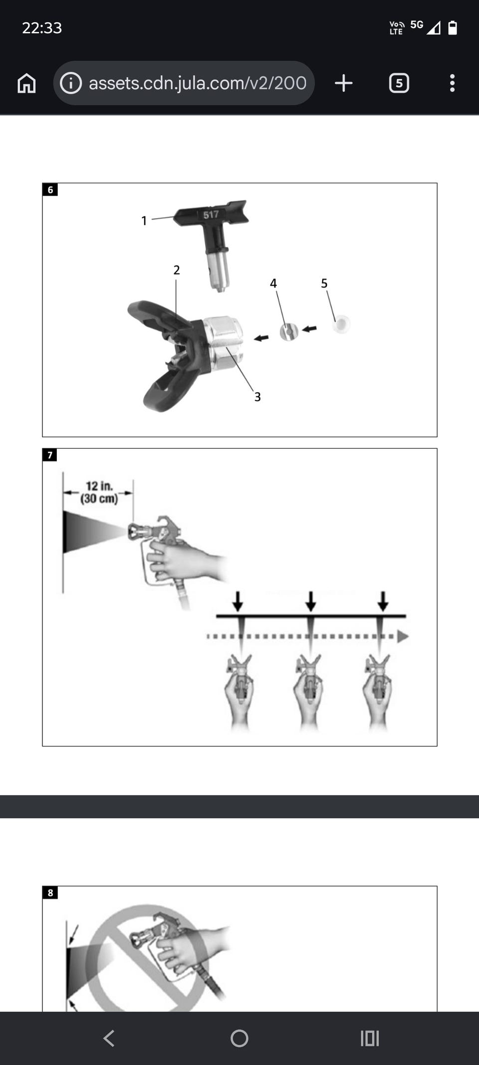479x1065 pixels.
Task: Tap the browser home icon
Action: coord(26,83)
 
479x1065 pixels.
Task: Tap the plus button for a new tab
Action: coord(344,83)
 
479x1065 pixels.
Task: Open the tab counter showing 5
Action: coord(399,83)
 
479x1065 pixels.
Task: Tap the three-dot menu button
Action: coord(452,83)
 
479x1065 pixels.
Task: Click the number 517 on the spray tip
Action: coord(211,215)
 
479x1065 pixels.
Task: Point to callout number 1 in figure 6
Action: coord(144,221)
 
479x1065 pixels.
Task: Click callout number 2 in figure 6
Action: coord(176,270)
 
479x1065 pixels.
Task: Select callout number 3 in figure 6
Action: coord(257,397)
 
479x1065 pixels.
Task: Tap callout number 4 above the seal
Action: coord(273,284)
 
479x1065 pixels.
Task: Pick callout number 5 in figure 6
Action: coord(324,284)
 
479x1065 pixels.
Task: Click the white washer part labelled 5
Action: coord(341,325)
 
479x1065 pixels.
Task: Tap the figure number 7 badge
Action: coord(50,455)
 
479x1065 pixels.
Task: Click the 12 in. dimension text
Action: coord(99,486)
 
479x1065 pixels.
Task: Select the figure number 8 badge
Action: coord(50,893)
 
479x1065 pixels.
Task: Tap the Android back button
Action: coord(109,1039)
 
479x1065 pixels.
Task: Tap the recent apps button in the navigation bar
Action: coord(370,1039)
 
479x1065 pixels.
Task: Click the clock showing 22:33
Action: coord(42,28)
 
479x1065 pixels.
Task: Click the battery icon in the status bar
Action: coord(453,27)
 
